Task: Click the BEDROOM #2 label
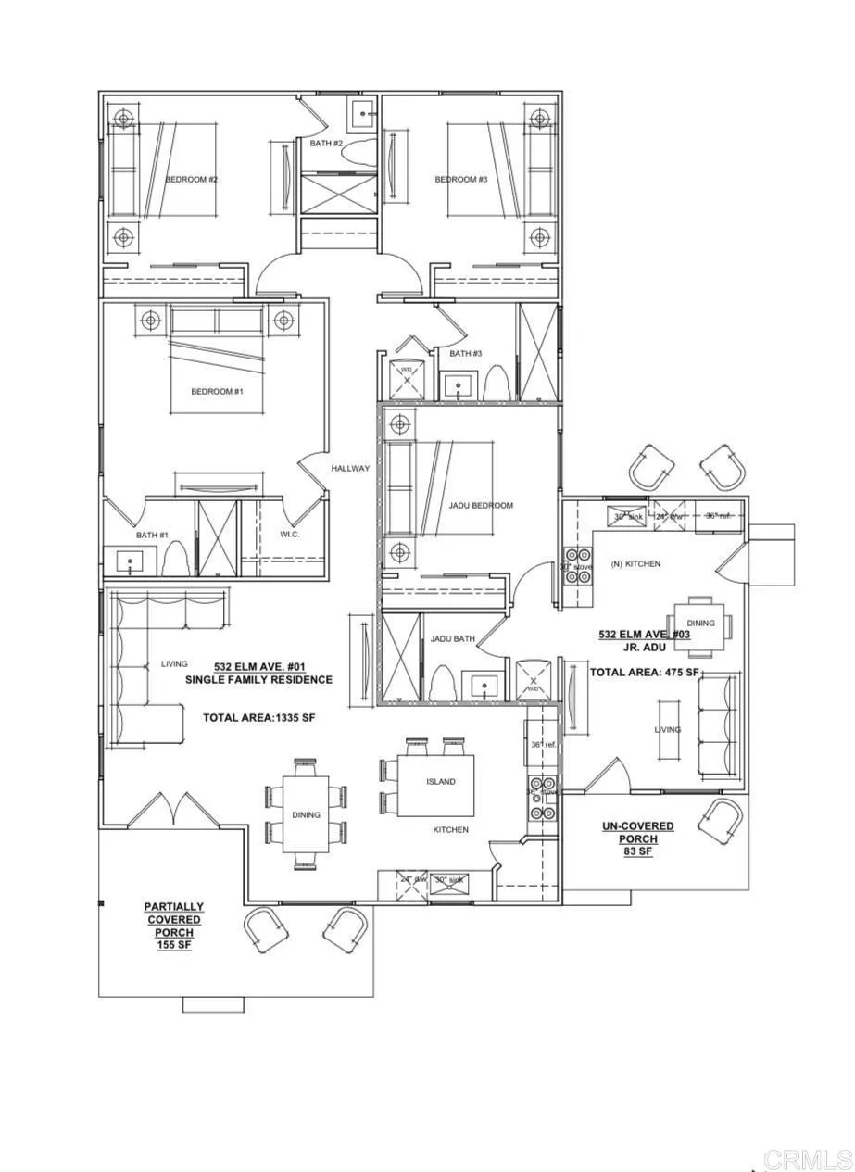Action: pos(191,180)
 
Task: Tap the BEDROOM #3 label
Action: pos(460,180)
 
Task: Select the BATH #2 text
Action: pos(326,144)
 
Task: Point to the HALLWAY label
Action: pos(350,469)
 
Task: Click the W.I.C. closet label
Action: pos(289,535)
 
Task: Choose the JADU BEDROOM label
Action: pos(481,506)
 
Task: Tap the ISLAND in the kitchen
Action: pos(440,782)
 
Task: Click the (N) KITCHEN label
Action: pos(635,564)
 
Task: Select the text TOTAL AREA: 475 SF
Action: pos(645,673)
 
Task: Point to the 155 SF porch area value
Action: pos(174,945)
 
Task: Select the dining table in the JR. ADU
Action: pos(700,623)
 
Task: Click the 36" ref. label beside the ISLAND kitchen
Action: pos(542,745)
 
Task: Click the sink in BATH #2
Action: pos(362,115)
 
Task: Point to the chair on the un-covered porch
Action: pos(721,821)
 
